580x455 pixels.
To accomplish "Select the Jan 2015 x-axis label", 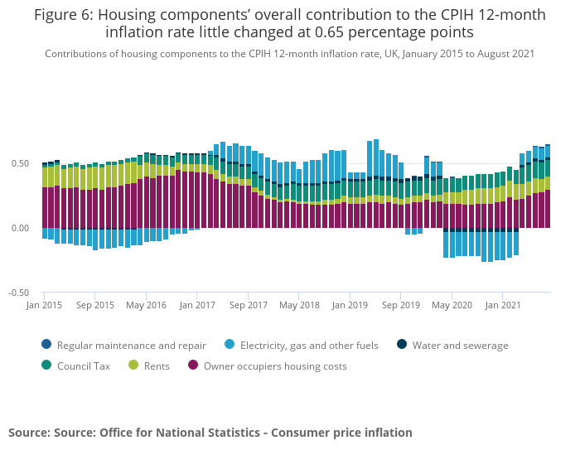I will (44, 305).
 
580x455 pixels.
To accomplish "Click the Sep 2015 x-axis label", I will (95, 305).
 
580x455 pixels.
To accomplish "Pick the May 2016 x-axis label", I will (146, 305).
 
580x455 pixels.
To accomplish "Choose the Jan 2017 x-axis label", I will (197, 305).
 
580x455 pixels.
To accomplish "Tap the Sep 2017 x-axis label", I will (249, 305).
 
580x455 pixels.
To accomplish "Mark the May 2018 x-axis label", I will (299, 305).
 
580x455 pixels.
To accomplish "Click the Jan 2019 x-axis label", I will (350, 305).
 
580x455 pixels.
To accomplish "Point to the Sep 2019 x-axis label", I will (401, 305).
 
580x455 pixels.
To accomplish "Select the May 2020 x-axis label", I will (452, 305).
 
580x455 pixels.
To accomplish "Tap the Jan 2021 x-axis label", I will (503, 305).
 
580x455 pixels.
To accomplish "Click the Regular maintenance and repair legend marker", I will (46, 346).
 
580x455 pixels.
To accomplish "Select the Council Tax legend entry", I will (82, 365).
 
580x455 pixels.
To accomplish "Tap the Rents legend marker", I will (133, 365).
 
